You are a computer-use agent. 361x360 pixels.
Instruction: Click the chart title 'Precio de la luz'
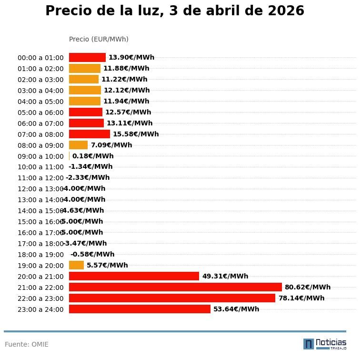(174, 11)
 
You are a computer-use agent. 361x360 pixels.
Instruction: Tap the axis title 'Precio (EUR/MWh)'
(99, 39)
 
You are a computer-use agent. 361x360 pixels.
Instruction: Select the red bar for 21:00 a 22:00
(175, 287)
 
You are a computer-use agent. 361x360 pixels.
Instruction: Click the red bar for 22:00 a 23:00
(172, 298)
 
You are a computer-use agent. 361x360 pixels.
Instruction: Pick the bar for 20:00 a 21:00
(134, 276)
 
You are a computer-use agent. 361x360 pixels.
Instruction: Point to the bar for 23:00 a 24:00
(140, 309)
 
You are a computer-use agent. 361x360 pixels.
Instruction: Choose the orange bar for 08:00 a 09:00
(78, 145)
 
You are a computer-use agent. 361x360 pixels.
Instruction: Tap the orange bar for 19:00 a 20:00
(76, 265)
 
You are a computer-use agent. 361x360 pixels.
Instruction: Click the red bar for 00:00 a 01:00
(87, 57)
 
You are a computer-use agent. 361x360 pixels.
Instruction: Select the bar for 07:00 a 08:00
(90, 134)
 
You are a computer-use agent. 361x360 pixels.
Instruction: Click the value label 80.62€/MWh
(307, 287)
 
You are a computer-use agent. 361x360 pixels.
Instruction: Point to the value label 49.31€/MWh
(225, 276)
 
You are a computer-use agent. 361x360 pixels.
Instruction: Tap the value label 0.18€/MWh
(93, 156)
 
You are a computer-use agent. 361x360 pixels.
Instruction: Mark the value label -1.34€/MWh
(90, 167)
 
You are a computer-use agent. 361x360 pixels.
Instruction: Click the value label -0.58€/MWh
(92, 254)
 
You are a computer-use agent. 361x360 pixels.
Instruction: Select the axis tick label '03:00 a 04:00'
(40, 91)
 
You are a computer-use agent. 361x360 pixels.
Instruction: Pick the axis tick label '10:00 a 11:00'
(40, 167)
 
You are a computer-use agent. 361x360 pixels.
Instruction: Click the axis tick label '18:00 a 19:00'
(40, 255)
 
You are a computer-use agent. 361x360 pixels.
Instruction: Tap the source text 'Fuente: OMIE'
(27, 344)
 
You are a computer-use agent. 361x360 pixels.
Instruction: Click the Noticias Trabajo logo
(325, 344)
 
